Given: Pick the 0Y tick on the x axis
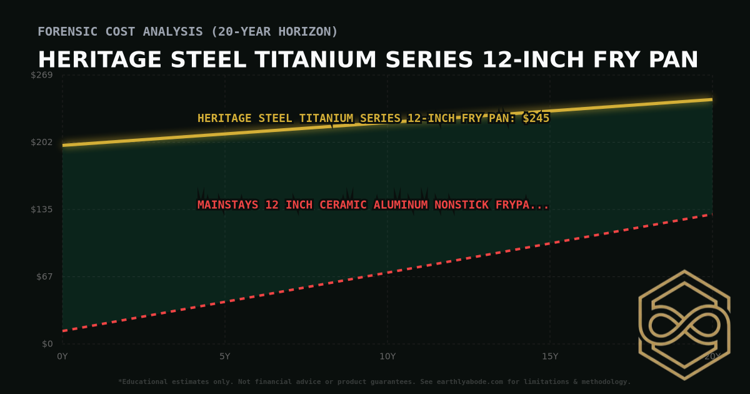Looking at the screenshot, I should (x=62, y=356).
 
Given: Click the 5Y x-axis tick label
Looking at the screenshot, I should (x=224, y=356).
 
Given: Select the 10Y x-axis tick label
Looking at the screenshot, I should (x=387, y=356).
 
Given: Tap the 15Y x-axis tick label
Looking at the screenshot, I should (x=550, y=356).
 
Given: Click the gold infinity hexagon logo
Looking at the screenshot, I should (x=684, y=325).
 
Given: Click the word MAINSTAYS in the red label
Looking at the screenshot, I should (x=227, y=205).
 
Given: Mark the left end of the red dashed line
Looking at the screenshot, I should (x=63, y=331).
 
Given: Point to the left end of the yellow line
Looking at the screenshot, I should (x=63, y=145).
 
